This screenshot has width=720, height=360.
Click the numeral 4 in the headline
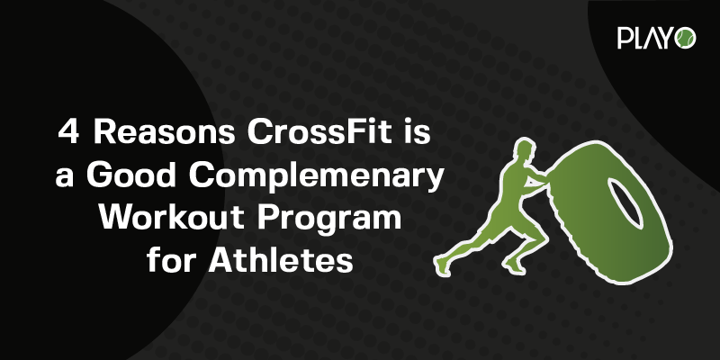point(68,132)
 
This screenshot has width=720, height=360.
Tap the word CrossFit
point(319,132)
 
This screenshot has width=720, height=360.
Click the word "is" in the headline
point(418,132)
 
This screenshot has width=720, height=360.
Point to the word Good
point(131,175)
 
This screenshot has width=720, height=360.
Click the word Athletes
point(281,260)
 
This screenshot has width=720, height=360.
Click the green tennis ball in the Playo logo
point(685,38)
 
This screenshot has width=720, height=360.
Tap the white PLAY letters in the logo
point(645,38)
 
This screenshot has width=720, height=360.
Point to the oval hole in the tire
point(625,202)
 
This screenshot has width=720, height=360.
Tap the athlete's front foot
point(514,265)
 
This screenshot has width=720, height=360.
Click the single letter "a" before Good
point(65,178)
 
